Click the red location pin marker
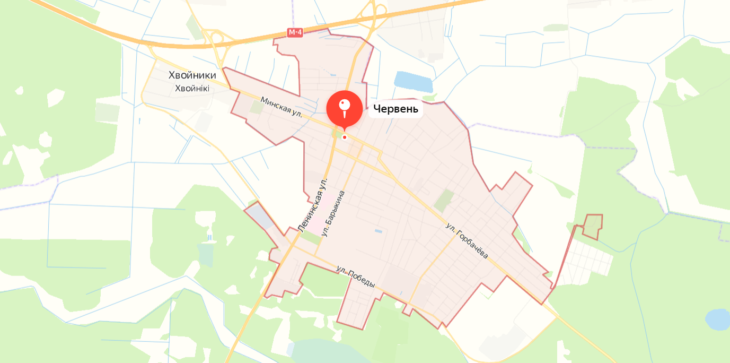(x=345, y=108)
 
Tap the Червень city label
(x=395, y=109)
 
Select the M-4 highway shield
(x=295, y=32)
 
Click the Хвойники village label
(x=192, y=75)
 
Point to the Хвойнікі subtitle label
(x=192, y=88)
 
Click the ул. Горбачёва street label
(x=467, y=241)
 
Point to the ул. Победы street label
(x=355, y=276)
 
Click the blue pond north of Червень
(x=413, y=81)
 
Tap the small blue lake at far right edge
(x=718, y=319)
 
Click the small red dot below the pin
(x=345, y=137)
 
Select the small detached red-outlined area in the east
(x=593, y=226)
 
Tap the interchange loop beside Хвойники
(x=217, y=39)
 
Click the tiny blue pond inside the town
(x=378, y=231)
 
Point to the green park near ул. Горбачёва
(x=444, y=201)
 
